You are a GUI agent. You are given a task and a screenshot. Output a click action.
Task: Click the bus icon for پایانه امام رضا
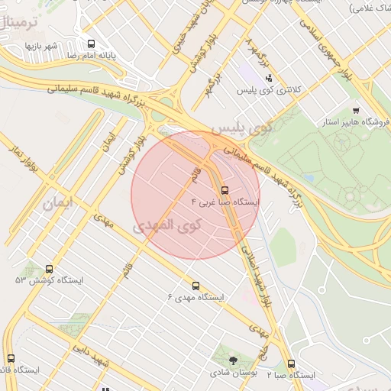(x=92, y=44)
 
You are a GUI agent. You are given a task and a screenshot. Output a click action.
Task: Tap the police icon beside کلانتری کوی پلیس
(x=268, y=77)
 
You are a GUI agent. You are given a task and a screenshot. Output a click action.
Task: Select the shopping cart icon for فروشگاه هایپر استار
(x=356, y=110)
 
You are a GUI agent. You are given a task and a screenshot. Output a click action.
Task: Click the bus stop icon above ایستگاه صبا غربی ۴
(x=225, y=190)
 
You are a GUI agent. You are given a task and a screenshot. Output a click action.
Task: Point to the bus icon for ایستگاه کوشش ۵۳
(x=50, y=269)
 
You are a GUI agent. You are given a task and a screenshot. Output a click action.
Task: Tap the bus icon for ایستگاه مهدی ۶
(x=196, y=286)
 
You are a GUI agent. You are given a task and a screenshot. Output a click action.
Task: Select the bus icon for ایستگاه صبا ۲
(x=291, y=364)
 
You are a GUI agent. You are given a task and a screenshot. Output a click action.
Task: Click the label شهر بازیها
(x=41, y=47)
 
